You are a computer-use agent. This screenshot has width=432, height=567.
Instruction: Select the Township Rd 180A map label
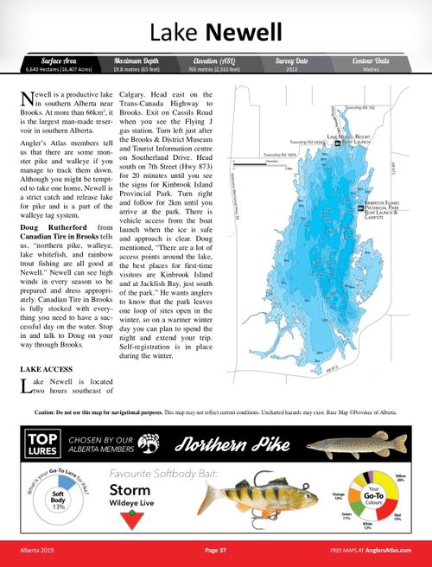279,154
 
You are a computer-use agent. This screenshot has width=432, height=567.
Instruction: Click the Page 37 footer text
216,550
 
